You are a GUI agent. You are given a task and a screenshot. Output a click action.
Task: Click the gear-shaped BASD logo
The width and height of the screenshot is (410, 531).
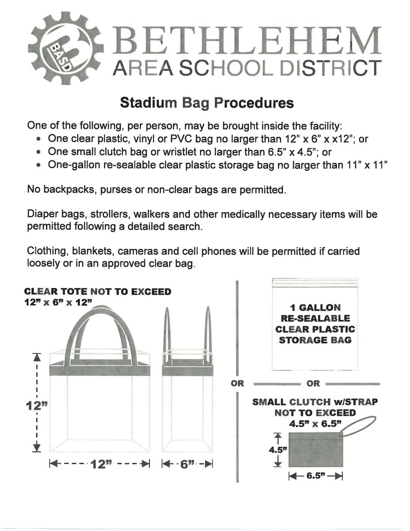click(65, 46)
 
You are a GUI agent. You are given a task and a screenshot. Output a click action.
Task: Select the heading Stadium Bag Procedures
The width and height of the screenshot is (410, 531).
click(207, 103)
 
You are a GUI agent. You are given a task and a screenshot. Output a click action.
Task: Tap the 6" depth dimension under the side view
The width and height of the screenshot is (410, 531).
click(188, 465)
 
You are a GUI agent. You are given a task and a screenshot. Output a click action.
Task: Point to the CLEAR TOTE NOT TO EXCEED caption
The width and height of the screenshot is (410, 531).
click(97, 292)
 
